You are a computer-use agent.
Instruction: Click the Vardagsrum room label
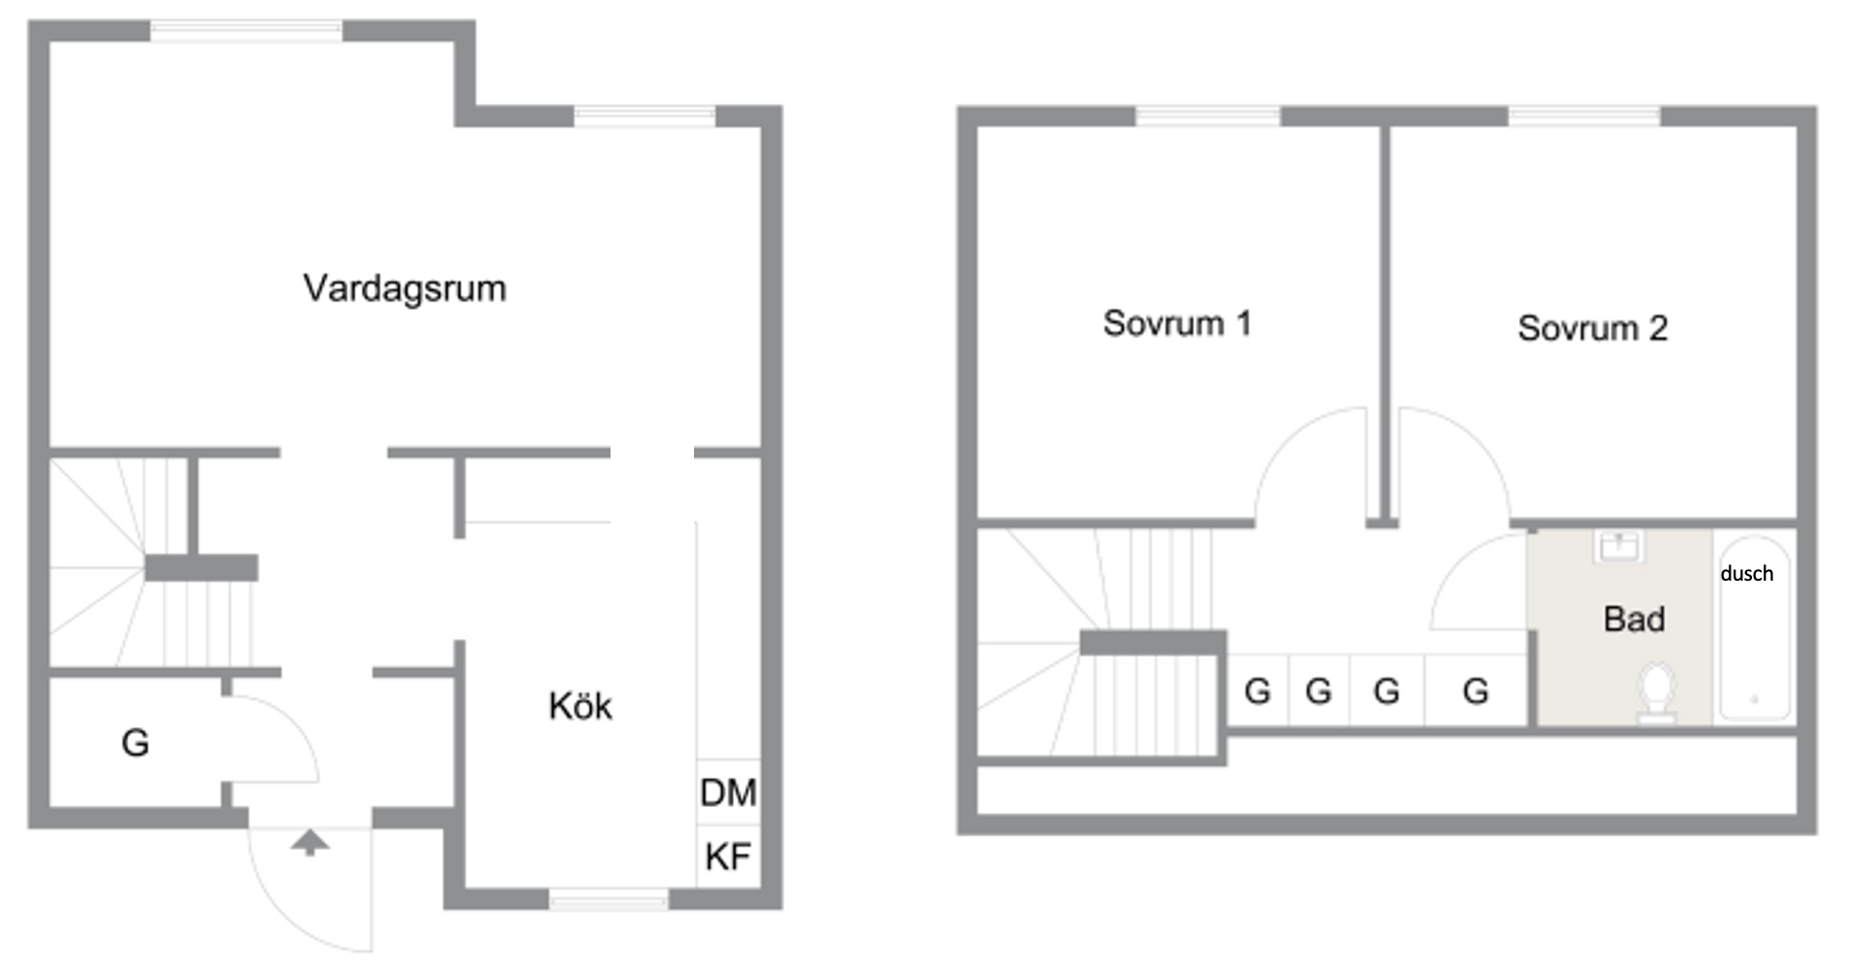tap(405, 288)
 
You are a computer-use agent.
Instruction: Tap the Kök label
tap(580, 706)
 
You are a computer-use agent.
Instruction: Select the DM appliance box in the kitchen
tap(728, 792)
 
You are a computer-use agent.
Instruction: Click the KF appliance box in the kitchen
tap(728, 856)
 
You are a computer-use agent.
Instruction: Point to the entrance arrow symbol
tap(310, 843)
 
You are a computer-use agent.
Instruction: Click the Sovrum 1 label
tap(1177, 323)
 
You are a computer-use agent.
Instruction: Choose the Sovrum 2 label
tap(1593, 328)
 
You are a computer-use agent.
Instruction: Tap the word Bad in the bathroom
tap(1635, 619)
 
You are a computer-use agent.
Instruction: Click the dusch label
tap(1747, 573)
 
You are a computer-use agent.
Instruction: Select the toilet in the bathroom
tap(1657, 692)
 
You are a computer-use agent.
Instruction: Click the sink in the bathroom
tap(1619, 547)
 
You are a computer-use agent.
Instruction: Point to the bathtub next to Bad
tap(1755, 627)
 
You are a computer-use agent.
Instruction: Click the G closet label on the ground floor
tap(135, 743)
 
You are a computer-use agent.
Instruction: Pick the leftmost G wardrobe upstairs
tap(1258, 691)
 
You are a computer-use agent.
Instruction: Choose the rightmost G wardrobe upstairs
tap(1476, 691)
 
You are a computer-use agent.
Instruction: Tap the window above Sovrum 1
tap(1208, 117)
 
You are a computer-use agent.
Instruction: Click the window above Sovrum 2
tap(1584, 117)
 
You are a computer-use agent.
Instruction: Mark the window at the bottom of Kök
tap(609, 900)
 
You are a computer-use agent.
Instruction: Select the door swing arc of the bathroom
tap(1477, 580)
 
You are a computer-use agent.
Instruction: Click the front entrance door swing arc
tap(311, 889)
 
